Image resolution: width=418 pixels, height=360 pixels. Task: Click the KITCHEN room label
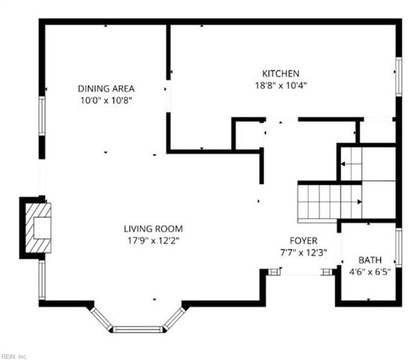281,73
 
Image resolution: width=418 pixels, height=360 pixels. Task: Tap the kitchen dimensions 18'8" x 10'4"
281,85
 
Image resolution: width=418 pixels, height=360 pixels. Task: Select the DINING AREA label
106,88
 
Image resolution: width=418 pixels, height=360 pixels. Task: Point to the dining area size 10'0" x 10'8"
106,99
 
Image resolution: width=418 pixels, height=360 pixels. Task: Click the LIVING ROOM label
153,229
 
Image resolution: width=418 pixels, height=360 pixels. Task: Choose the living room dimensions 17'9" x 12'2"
153,240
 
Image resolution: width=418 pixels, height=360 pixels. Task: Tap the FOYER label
304,241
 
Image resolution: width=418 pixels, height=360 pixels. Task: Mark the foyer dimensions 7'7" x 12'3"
304,252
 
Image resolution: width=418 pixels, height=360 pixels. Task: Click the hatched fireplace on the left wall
37,228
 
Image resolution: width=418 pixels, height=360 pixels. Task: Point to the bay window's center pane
137,328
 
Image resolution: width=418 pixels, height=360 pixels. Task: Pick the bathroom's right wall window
398,247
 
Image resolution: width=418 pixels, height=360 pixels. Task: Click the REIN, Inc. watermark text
14,355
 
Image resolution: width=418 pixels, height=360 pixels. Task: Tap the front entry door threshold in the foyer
301,273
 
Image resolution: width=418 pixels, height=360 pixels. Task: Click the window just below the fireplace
42,280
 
